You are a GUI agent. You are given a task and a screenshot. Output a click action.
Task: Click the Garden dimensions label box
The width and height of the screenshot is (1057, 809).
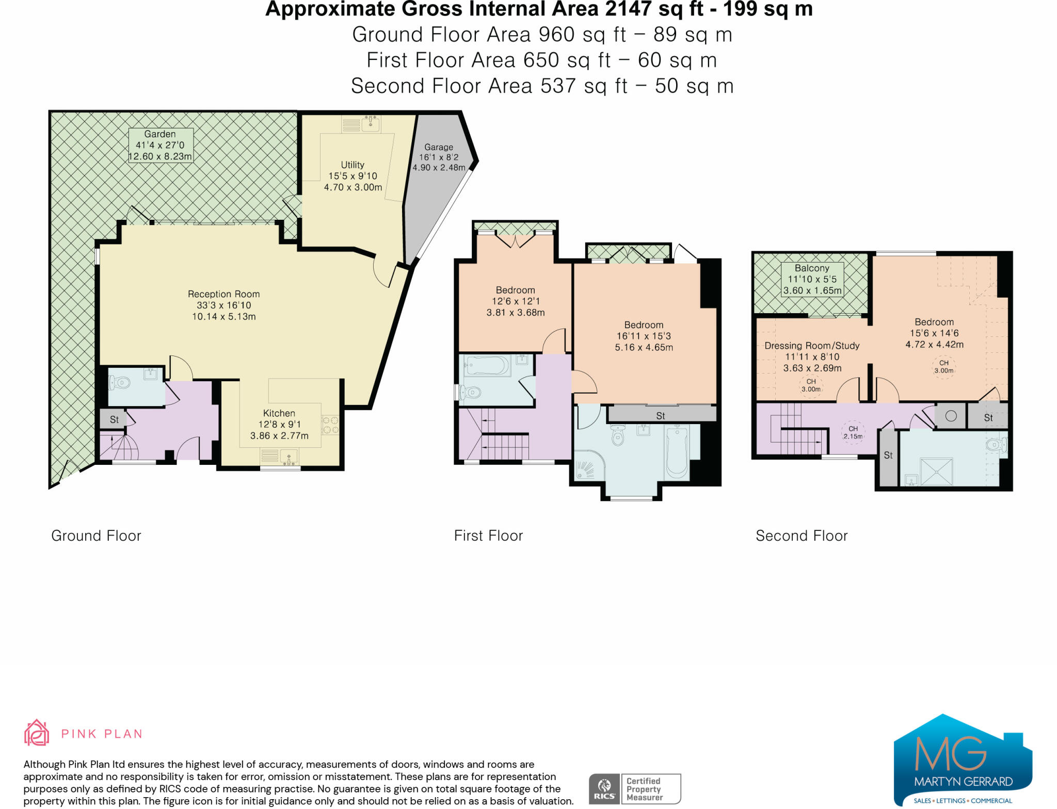(x=161, y=145)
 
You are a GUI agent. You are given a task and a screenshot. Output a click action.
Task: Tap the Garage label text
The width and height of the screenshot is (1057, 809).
(x=439, y=147)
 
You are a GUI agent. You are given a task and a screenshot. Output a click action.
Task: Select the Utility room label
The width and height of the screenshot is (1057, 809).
(x=353, y=165)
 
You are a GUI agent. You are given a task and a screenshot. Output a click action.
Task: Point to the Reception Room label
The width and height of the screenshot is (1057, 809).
(x=223, y=294)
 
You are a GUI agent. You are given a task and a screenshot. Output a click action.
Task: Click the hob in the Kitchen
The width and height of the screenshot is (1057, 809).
(x=330, y=425)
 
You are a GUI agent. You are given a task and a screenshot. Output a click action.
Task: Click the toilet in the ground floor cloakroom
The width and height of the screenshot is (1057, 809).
(x=120, y=383)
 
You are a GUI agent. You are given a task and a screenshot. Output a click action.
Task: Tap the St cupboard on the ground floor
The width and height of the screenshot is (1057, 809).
(x=114, y=419)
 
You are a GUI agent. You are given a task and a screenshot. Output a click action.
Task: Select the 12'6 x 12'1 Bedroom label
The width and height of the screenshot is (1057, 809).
(x=515, y=301)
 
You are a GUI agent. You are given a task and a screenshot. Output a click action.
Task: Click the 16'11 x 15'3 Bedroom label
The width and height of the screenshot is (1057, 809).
(x=644, y=336)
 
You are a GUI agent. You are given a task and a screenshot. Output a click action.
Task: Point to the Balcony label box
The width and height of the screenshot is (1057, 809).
(x=812, y=279)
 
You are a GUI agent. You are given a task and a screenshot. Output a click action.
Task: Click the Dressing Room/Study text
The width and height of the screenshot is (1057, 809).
(x=812, y=346)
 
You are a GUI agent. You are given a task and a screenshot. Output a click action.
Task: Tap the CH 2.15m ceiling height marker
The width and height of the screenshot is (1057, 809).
(x=853, y=432)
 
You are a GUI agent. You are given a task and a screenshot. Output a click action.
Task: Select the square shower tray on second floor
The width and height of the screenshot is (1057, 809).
(x=936, y=471)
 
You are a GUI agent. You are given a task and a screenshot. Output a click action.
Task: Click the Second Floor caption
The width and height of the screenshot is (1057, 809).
(x=802, y=536)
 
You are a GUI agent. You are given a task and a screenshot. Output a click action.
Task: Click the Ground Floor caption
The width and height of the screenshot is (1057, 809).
(x=96, y=536)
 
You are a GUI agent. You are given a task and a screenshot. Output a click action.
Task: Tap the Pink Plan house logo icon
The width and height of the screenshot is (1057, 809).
(x=37, y=733)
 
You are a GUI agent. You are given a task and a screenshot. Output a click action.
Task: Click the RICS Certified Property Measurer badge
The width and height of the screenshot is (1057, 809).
(x=634, y=788)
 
